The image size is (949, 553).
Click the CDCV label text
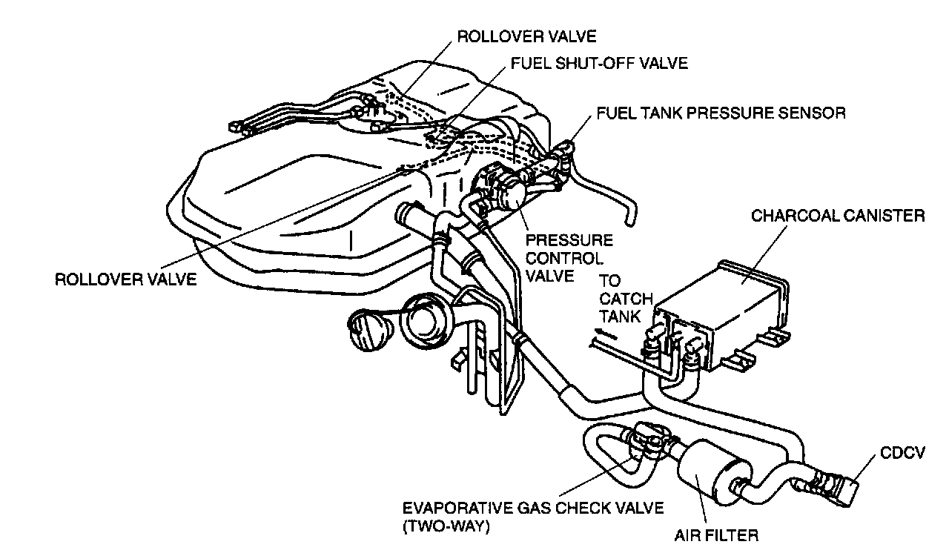pyautogui.click(x=901, y=452)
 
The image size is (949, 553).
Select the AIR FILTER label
pyautogui.click(x=716, y=534)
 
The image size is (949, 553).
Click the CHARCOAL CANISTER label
pyautogui.click(x=838, y=216)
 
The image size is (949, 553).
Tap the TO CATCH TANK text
pyautogui.click(x=625, y=299)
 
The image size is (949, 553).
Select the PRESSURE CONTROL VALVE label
pyautogui.click(x=569, y=258)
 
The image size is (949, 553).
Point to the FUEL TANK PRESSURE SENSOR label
pyautogui.click(x=721, y=113)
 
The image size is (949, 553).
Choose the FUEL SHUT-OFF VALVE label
pyautogui.click(x=599, y=63)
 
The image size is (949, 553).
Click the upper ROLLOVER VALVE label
pyautogui.click(x=526, y=36)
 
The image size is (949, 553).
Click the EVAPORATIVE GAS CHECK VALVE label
pyautogui.click(x=532, y=509)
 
